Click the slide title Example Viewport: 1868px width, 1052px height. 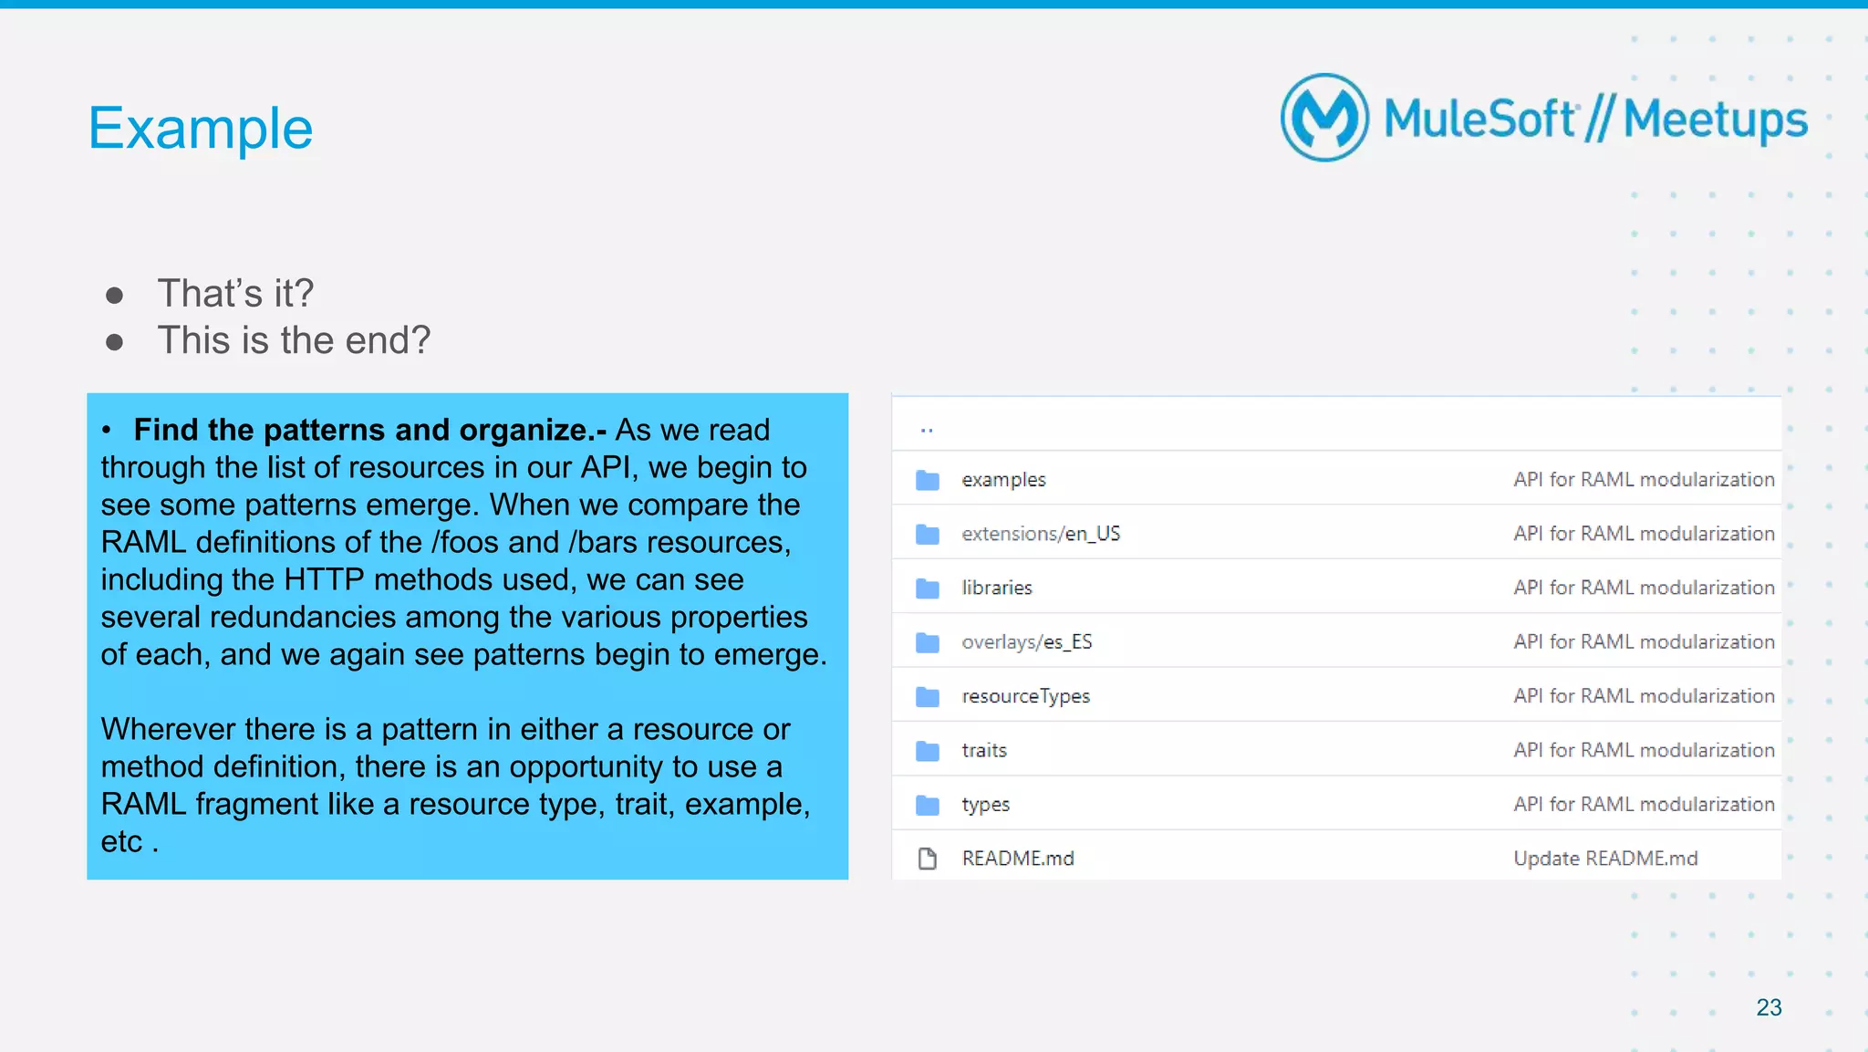click(x=201, y=128)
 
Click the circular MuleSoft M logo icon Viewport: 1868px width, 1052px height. click(x=1324, y=118)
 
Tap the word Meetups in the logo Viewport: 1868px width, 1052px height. click(x=1715, y=120)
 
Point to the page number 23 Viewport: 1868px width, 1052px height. click(x=1769, y=1007)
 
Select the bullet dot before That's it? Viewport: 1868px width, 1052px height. click(x=115, y=295)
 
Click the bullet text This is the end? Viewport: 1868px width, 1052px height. click(x=293, y=340)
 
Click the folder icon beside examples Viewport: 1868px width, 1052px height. click(x=928, y=480)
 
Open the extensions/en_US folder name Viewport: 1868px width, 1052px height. click(x=1041, y=534)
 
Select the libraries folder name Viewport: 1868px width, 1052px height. click(x=997, y=588)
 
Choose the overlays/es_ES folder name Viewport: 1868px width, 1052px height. click(x=1027, y=642)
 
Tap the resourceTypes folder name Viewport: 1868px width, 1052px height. click(x=1026, y=696)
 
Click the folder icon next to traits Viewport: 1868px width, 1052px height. click(x=928, y=751)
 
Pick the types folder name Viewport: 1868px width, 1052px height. click(x=986, y=805)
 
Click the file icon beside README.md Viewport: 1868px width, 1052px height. click(x=928, y=859)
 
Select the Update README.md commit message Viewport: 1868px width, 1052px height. click(x=1605, y=859)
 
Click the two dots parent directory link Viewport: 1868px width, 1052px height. click(x=927, y=430)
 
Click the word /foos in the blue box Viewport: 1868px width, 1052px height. click(x=465, y=542)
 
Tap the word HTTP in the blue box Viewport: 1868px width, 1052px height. click(x=324, y=579)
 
